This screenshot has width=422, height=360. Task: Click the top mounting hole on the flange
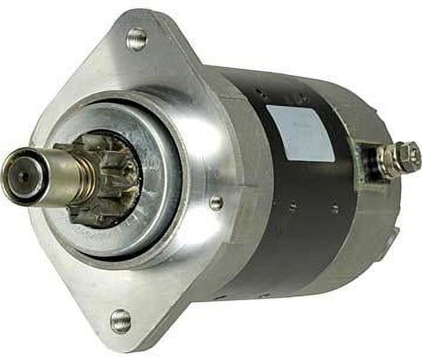coord(137,40)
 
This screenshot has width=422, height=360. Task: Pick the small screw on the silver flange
coord(216,203)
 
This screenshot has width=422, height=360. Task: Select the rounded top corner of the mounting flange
coord(141,21)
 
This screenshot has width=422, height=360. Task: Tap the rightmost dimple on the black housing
coord(334,209)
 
